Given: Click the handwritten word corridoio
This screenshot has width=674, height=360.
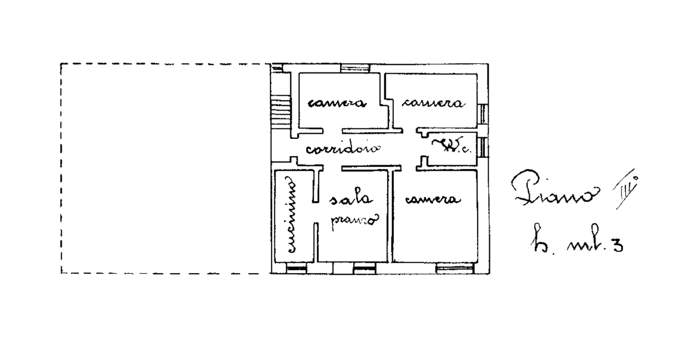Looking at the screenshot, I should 343,149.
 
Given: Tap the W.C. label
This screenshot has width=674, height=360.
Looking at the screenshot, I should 451,147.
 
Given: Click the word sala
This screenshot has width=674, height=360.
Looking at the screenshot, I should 351,199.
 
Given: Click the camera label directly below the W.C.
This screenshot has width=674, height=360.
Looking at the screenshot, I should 433,200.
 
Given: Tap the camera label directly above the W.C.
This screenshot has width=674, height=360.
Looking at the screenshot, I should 433,104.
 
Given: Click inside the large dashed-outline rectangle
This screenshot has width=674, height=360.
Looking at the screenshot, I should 163,168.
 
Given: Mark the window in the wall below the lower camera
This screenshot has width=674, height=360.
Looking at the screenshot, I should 456,269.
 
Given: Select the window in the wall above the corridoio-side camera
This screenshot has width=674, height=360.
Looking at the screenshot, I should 356,68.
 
